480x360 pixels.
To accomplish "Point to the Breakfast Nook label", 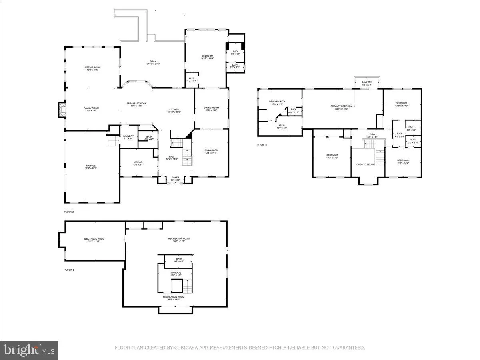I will point(136,104).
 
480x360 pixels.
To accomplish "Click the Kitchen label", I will point(174,110).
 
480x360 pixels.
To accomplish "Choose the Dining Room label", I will point(211,108).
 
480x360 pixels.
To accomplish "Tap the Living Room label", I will point(210,150).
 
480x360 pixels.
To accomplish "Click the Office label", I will point(138,162).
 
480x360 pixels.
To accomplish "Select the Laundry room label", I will point(128,136).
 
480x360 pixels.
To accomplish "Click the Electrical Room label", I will point(94,239).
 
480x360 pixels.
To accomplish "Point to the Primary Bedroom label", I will point(341,106).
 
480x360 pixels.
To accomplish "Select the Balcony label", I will point(367,82).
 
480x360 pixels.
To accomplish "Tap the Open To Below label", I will point(366,164).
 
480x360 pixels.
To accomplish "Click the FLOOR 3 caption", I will point(262,145).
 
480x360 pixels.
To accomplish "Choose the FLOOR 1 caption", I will point(69,270).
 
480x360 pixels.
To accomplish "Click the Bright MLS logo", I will point(29,350).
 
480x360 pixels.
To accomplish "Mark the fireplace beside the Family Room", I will point(61,110).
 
